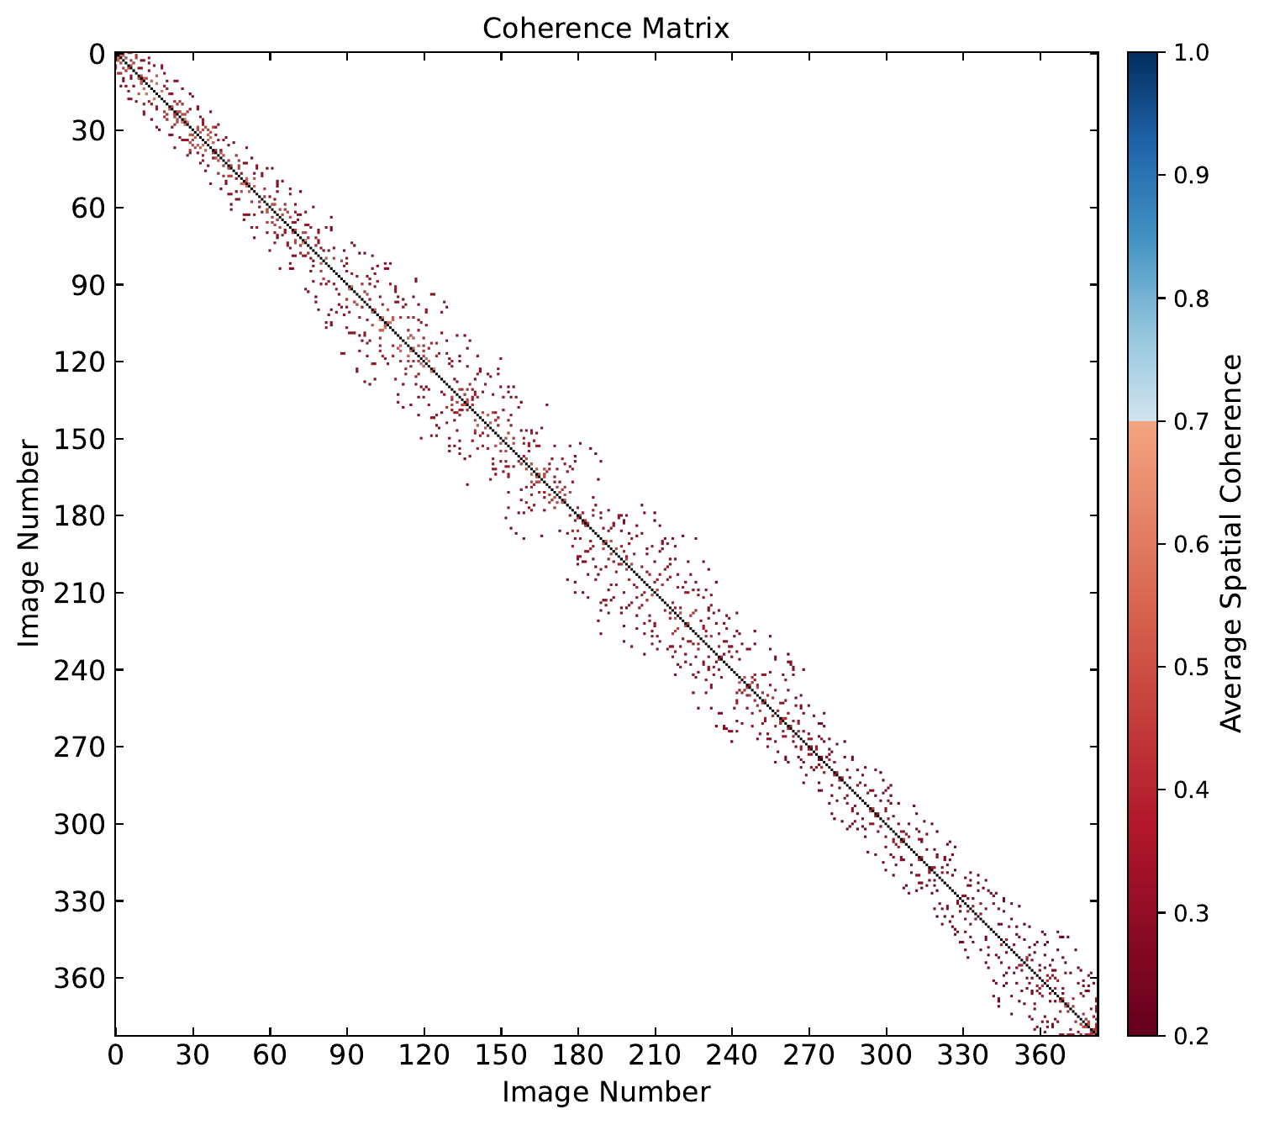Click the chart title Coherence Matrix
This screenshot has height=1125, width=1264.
tap(606, 29)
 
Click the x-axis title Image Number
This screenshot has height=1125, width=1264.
tap(606, 1092)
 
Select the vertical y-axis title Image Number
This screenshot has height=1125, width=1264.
tap(29, 543)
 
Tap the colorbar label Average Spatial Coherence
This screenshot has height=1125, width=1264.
tap(1231, 543)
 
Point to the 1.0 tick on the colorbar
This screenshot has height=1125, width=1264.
tap(1179, 52)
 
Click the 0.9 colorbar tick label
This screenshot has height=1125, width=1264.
tap(1179, 175)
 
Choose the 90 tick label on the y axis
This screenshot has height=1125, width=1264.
tap(84, 284)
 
